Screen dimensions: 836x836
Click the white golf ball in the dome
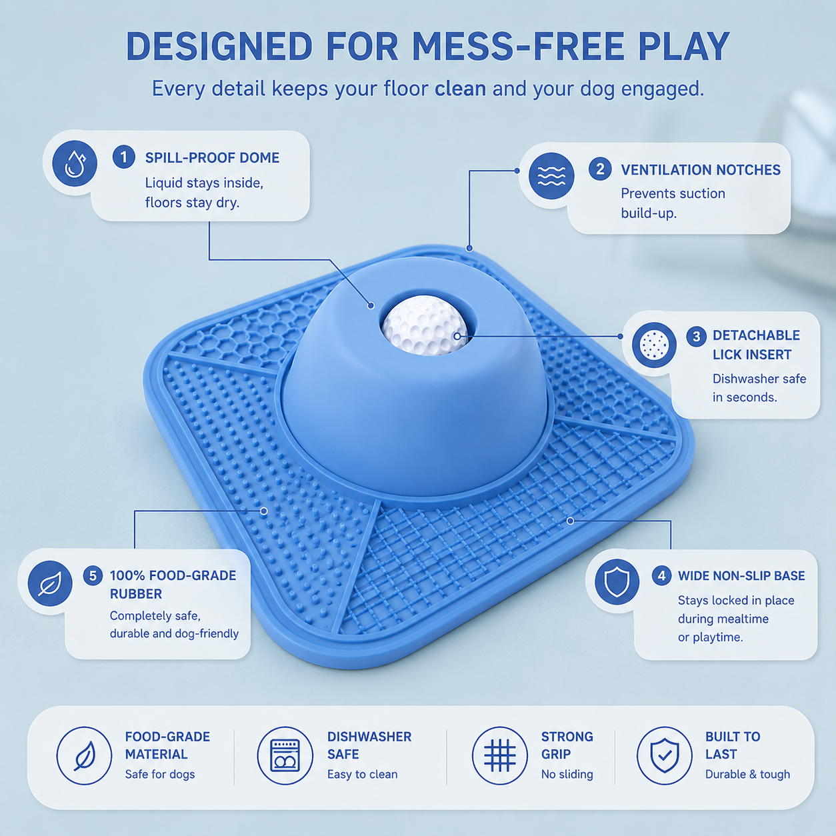coord(424,325)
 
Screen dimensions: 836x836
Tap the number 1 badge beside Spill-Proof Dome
coord(123,157)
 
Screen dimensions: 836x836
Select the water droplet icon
coord(75,163)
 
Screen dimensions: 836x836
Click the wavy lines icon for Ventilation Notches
coord(551,176)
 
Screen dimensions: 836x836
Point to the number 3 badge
coord(697,336)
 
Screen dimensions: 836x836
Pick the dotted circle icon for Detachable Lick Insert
coord(654,345)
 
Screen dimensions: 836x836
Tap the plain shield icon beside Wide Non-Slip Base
coord(617,582)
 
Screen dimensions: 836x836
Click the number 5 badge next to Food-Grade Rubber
coord(93,576)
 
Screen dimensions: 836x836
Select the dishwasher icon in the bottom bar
coord(285,755)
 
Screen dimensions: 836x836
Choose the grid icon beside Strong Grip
coord(500,755)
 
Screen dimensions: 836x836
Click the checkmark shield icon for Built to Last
coord(665,755)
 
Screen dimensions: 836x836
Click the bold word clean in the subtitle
coord(460,89)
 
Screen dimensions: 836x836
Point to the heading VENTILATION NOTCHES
coord(701,169)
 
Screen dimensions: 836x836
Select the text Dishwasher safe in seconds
coord(759,388)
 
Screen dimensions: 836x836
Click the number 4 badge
coord(661,575)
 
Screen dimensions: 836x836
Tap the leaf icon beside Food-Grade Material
coord(84,755)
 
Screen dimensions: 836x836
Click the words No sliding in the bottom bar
coord(567,775)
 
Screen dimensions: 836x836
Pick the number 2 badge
coord(600,169)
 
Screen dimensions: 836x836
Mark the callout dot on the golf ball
coord(457,336)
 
